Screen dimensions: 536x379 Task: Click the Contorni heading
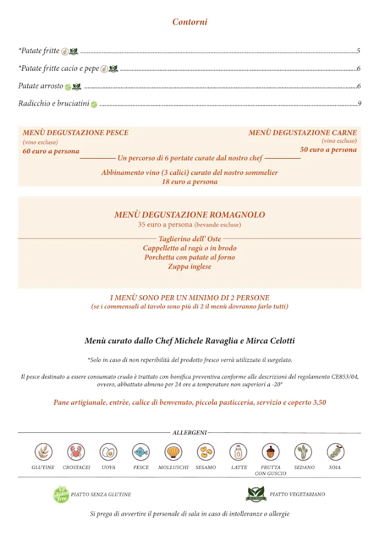point(189,22)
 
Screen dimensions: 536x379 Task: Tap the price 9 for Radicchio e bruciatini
point(360,104)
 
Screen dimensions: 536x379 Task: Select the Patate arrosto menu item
point(41,86)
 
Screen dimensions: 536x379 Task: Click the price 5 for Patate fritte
point(359,51)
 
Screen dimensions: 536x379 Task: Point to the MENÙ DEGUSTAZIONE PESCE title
point(75,133)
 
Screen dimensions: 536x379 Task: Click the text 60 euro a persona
point(51,151)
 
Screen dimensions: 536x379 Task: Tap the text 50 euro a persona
point(328,150)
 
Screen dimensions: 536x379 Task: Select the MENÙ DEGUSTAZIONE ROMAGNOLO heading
point(189,215)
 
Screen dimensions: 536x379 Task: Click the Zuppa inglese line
point(189,266)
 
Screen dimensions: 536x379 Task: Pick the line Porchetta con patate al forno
point(189,258)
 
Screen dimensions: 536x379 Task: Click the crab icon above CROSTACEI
point(76,451)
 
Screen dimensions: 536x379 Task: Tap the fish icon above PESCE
point(141,451)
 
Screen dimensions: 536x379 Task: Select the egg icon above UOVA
point(108,451)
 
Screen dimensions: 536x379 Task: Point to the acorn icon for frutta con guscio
point(271,451)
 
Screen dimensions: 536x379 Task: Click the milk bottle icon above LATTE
point(238,451)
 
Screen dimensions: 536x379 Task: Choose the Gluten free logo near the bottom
point(61,494)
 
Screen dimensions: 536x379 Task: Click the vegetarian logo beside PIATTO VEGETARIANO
point(257,494)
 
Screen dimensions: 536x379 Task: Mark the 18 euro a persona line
point(189,182)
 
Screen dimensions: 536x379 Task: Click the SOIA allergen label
point(335,467)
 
